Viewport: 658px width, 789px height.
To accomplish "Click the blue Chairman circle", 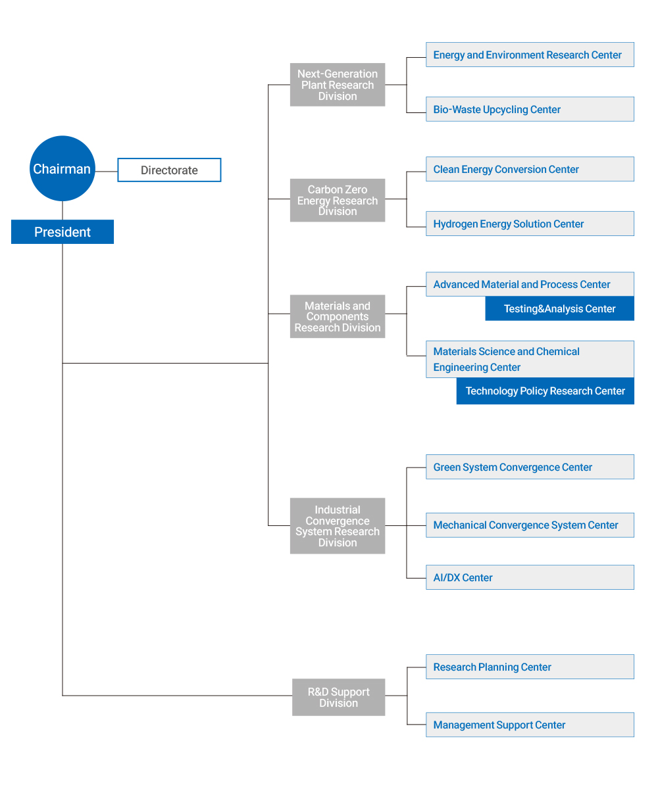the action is click(x=62, y=168).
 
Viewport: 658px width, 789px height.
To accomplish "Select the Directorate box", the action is click(x=169, y=170).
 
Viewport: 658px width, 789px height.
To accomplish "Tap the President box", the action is click(x=63, y=231).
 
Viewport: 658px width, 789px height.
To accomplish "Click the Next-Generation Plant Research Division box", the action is click(x=338, y=85).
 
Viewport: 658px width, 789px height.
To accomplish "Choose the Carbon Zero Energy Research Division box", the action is click(x=338, y=200).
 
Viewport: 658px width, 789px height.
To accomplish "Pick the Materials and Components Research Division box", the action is click(x=338, y=316).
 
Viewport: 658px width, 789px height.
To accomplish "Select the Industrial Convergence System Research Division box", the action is click(x=338, y=525).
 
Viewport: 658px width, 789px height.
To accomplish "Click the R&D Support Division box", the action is click(x=338, y=697).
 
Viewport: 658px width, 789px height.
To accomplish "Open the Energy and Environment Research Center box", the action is click(x=530, y=55).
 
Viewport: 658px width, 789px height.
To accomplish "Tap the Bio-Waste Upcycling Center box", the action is click(x=530, y=109).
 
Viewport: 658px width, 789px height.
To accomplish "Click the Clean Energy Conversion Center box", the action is click(x=530, y=169).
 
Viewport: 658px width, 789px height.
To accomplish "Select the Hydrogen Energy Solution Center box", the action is click(x=530, y=224).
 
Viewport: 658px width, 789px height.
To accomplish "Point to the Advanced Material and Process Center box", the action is click(x=530, y=284).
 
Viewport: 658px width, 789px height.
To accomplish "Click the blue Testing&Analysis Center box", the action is click(x=560, y=308).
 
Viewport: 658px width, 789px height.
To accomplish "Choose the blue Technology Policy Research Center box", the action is click(x=545, y=391).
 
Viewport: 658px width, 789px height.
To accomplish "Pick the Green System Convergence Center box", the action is click(x=530, y=467).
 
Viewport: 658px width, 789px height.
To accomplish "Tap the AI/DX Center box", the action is click(x=530, y=577).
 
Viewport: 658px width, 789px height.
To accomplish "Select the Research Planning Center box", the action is click(x=530, y=667).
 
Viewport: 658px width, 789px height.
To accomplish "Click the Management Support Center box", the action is click(x=530, y=725).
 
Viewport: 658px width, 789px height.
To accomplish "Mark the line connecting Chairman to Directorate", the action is click(x=106, y=171).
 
